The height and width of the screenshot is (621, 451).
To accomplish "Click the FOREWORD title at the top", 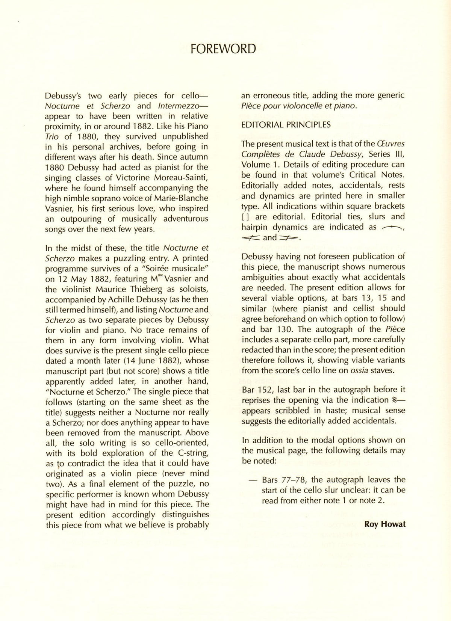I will coord(223,49).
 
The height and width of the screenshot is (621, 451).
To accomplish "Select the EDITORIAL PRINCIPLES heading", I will coord(286,125).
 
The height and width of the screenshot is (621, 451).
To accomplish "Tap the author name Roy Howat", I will coord(385,524).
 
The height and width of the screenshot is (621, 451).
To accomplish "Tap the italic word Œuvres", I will coord(391,144).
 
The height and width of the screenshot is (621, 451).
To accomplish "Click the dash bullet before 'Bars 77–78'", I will coord(254,480).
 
